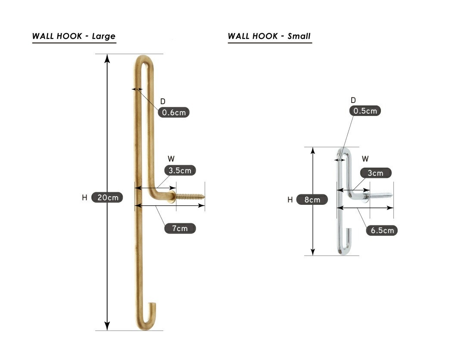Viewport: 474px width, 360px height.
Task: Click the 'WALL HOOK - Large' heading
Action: pyautogui.click(x=74, y=36)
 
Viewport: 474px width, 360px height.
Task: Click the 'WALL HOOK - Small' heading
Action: pyautogui.click(x=269, y=36)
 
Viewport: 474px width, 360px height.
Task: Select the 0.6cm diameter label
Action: pyautogui.click(x=174, y=113)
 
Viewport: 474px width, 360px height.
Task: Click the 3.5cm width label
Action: pyautogui.click(x=180, y=170)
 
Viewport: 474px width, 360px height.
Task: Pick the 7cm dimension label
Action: pyautogui.click(x=180, y=229)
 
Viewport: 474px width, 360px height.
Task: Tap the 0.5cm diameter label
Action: pyautogui.click(x=365, y=111)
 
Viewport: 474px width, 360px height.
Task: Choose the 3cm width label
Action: pyautogui.click(x=376, y=173)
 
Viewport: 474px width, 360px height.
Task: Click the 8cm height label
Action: pyautogui.click(x=312, y=200)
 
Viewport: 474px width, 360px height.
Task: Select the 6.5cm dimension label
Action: pyautogui.click(x=382, y=231)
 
